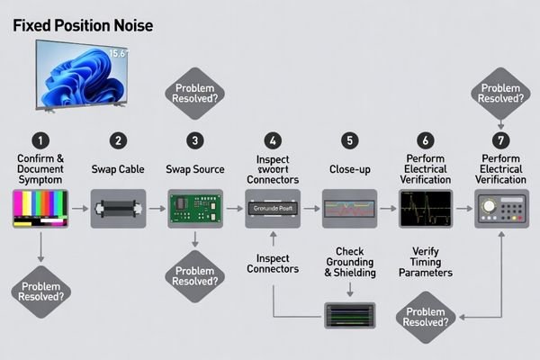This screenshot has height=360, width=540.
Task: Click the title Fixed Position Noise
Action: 83,27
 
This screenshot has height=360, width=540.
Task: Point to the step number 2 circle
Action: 118,140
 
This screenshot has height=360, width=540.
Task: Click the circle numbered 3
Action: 195,140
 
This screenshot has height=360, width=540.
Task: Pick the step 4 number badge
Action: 273,140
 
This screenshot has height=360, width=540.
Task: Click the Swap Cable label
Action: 118,168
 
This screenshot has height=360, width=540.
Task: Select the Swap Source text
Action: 195,168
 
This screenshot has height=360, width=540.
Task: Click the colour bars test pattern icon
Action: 40,208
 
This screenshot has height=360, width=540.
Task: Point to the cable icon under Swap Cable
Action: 118,208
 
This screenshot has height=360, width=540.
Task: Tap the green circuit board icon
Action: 195,207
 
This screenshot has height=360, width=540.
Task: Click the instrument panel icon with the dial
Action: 502,208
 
